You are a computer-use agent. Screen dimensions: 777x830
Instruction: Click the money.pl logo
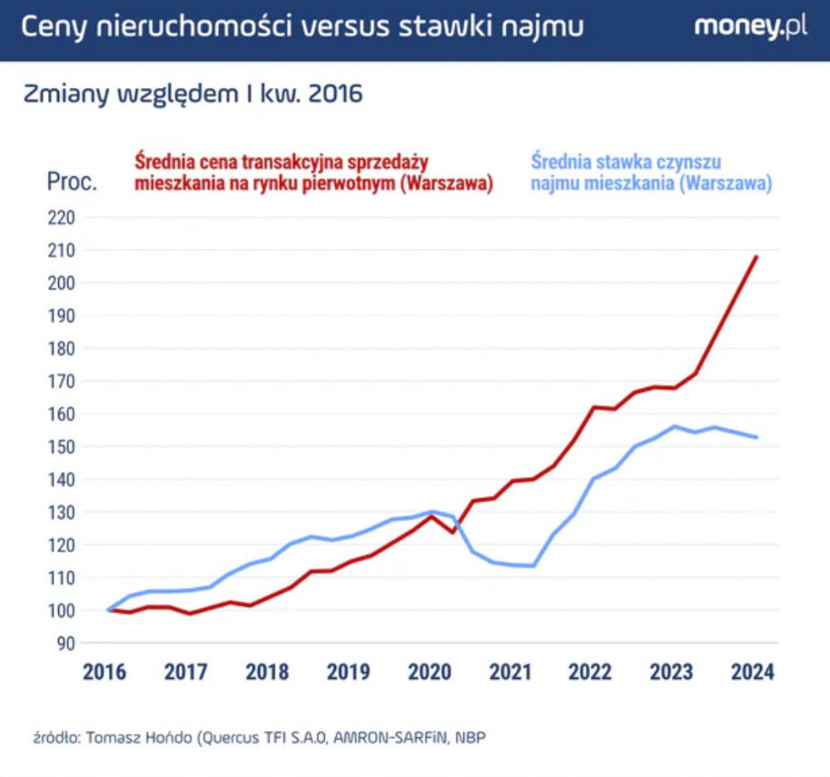tap(750, 27)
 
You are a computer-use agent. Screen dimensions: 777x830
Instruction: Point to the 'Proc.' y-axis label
tap(71, 182)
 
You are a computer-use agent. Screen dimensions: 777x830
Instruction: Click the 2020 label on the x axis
tap(430, 672)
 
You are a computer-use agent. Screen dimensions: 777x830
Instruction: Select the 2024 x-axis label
tap(753, 672)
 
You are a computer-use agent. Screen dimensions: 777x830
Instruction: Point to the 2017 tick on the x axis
tap(186, 672)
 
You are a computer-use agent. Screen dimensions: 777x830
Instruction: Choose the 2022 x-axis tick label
tap(591, 672)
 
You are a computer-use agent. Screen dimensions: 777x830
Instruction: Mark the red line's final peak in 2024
tap(756, 257)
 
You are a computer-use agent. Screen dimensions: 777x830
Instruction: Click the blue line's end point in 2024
tap(756, 437)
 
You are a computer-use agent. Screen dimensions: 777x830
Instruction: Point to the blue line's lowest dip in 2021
tap(532, 565)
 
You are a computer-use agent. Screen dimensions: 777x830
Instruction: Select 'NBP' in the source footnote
tap(470, 737)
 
